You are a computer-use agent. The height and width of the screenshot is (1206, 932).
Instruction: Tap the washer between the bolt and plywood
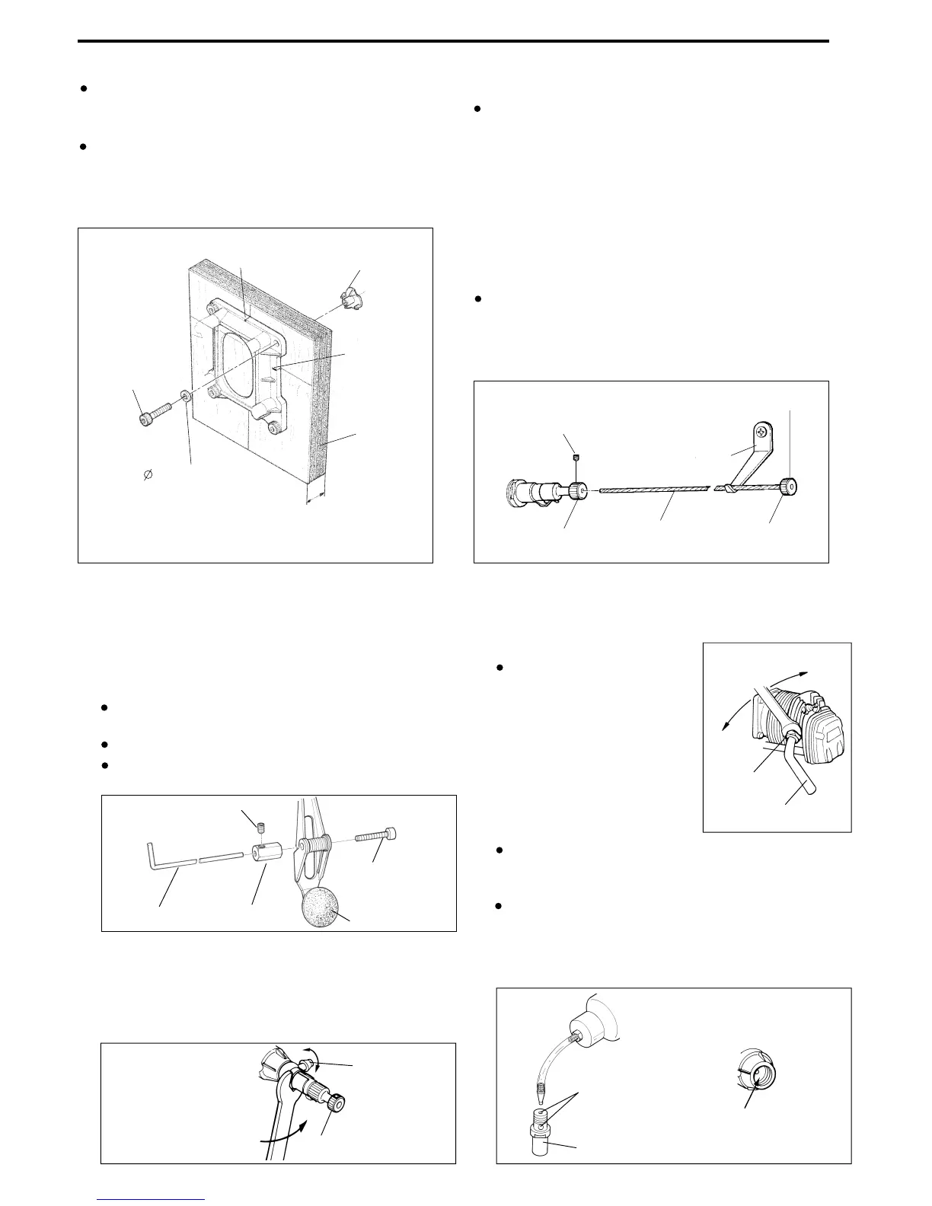185,397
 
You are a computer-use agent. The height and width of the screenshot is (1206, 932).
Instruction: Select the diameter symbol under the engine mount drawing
148,474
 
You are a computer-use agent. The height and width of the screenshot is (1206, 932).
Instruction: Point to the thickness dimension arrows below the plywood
313,497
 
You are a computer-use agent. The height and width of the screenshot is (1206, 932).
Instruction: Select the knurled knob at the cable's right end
790,485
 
